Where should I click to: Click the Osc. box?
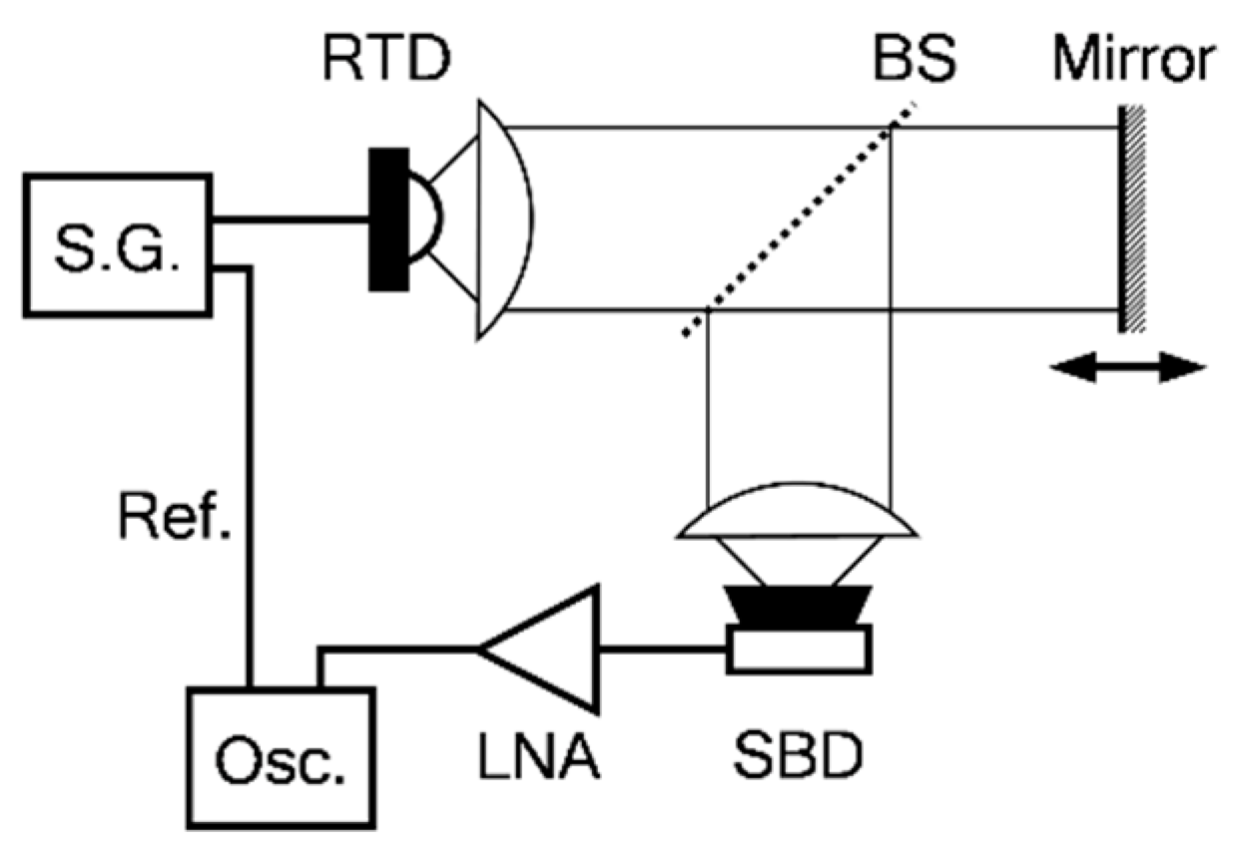click(282, 756)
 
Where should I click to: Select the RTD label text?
click(385, 62)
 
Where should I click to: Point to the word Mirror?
click(1136, 62)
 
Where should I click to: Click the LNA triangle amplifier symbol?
click(549, 648)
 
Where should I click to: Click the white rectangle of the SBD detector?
click(799, 647)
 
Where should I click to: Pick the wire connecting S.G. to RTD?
click(290, 219)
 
